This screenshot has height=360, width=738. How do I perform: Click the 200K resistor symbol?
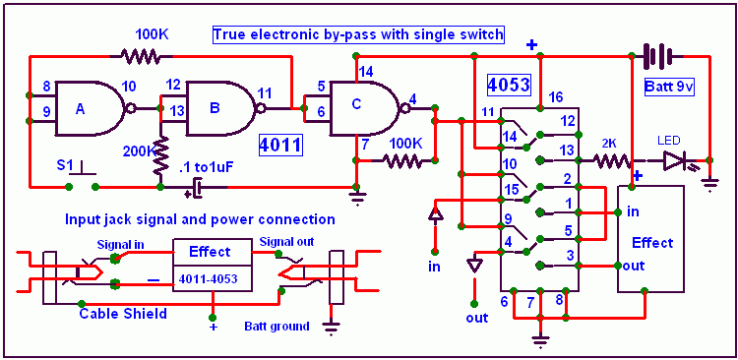pyautogui.click(x=160, y=154)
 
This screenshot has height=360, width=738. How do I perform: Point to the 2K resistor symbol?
pyautogui.click(x=612, y=161)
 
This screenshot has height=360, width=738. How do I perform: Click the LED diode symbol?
pyautogui.click(x=675, y=161)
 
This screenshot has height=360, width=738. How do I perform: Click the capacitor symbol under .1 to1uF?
pyautogui.click(x=199, y=188)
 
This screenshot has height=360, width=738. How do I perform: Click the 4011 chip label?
pyautogui.click(x=280, y=146)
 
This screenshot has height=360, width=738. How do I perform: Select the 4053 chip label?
pyautogui.click(x=509, y=85)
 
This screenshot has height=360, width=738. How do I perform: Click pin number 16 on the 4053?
pyautogui.click(x=556, y=98)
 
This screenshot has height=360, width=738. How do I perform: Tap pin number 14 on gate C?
pyautogui.click(x=366, y=72)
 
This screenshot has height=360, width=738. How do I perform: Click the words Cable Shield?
pyautogui.click(x=122, y=314)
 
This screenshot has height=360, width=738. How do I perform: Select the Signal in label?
pyautogui.click(x=120, y=245)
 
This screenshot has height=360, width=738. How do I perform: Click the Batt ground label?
pyautogui.click(x=277, y=327)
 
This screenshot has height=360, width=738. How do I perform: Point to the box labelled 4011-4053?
pyautogui.click(x=213, y=279)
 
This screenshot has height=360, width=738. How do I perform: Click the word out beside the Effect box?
pyautogui.click(x=633, y=266)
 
